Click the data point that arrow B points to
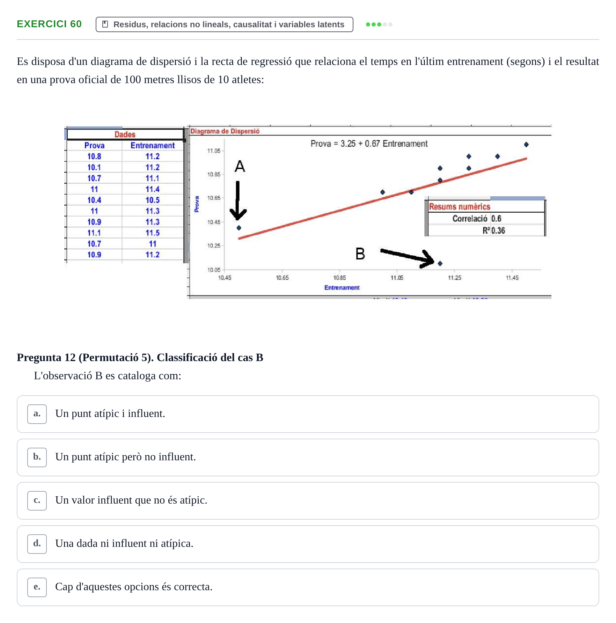coord(440,263)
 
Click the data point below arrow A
coord(239,228)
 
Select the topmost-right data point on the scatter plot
coord(526,144)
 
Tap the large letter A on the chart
coord(240,166)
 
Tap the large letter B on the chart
coord(360,254)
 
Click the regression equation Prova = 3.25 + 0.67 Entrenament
coord(369,144)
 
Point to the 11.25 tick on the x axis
coord(454,278)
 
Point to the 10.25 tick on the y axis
coord(214,245)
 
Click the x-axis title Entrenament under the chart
coord(342,287)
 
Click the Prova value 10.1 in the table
coord(94,167)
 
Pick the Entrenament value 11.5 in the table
coord(153,233)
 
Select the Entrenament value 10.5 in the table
coord(153,200)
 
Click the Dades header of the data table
coord(125,134)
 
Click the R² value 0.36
coord(498,230)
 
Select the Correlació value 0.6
coord(496,219)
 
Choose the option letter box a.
coord(37,414)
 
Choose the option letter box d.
coord(37,544)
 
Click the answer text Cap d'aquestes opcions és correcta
coord(134,587)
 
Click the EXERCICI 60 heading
coord(49,24)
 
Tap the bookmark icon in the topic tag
coord(105,24)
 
